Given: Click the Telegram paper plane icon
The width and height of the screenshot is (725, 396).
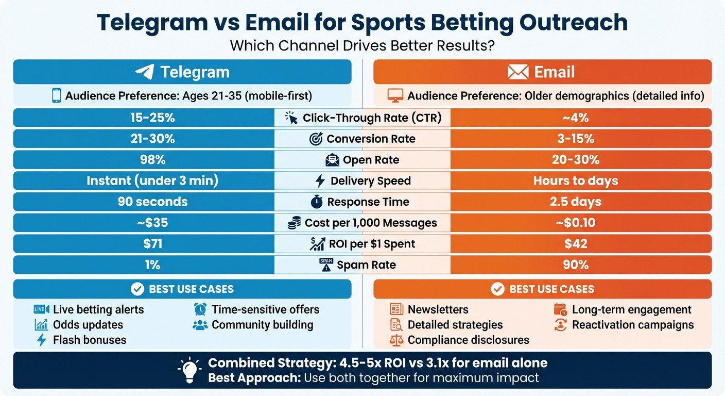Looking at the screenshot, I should [x=145, y=72].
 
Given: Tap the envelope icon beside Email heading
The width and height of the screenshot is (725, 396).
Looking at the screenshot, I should [x=517, y=72].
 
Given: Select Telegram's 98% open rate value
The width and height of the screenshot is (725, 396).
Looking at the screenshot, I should [x=153, y=160].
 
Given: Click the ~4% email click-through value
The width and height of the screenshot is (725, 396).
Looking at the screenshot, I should [x=576, y=118].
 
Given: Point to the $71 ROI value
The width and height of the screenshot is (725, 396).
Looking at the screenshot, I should [x=153, y=244].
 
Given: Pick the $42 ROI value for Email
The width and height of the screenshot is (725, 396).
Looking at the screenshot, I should [x=576, y=244].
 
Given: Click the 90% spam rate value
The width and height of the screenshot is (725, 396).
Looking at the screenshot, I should [x=576, y=265].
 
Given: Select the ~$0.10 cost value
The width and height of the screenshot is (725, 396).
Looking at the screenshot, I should [x=576, y=223].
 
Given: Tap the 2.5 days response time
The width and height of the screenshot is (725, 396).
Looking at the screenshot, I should [x=576, y=202].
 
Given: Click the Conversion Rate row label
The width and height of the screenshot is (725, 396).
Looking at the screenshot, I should [x=371, y=139].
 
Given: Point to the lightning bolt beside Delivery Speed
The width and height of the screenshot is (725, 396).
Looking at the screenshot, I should [x=320, y=180].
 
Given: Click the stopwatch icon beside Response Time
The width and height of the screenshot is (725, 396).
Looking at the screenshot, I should [x=317, y=202].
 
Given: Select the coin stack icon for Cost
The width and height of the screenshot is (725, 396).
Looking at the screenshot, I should [x=294, y=223].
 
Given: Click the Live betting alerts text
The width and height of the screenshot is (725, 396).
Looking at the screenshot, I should [x=98, y=309].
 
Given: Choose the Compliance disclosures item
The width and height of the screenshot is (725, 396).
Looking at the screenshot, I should [x=468, y=340].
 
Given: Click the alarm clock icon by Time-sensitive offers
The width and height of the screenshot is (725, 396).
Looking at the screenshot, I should [x=200, y=309].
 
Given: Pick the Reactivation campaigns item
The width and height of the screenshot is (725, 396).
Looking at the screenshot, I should [x=633, y=325].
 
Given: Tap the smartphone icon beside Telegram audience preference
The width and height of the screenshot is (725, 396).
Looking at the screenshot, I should [x=56, y=96].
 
